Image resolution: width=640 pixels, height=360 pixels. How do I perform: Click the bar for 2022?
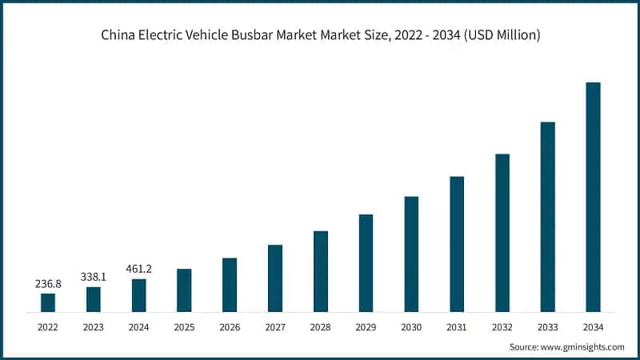click(48, 302)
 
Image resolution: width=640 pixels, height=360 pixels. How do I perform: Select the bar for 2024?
click(139, 295)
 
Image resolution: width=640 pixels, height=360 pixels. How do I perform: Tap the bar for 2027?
click(275, 278)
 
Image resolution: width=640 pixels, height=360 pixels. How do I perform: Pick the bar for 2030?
click(411, 254)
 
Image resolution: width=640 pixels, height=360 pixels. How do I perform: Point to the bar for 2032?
click(502, 233)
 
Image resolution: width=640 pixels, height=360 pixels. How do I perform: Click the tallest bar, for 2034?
click(593, 197)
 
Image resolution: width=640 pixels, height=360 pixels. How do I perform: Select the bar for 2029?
click(366, 263)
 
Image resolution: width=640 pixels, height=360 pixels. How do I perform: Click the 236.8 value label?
click(48, 284)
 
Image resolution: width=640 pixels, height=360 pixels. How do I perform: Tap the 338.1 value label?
click(94, 277)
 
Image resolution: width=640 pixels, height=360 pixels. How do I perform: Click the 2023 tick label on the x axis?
click(94, 327)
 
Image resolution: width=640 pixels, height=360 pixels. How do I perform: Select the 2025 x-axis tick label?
click(184, 327)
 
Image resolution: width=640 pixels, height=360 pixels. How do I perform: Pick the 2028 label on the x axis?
click(320, 327)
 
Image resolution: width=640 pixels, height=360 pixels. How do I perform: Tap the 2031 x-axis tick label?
click(457, 327)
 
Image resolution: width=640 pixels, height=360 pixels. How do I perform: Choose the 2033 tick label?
click(547, 327)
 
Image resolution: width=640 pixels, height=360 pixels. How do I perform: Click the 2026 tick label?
click(230, 327)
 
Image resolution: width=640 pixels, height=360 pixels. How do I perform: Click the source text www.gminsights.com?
click(583, 347)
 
